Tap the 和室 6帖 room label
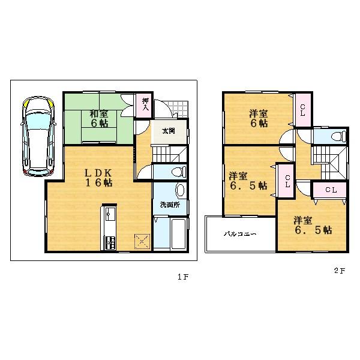click(99, 118)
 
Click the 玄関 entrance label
click(169, 131)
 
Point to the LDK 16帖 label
click(98, 178)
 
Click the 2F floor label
click(339, 271)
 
